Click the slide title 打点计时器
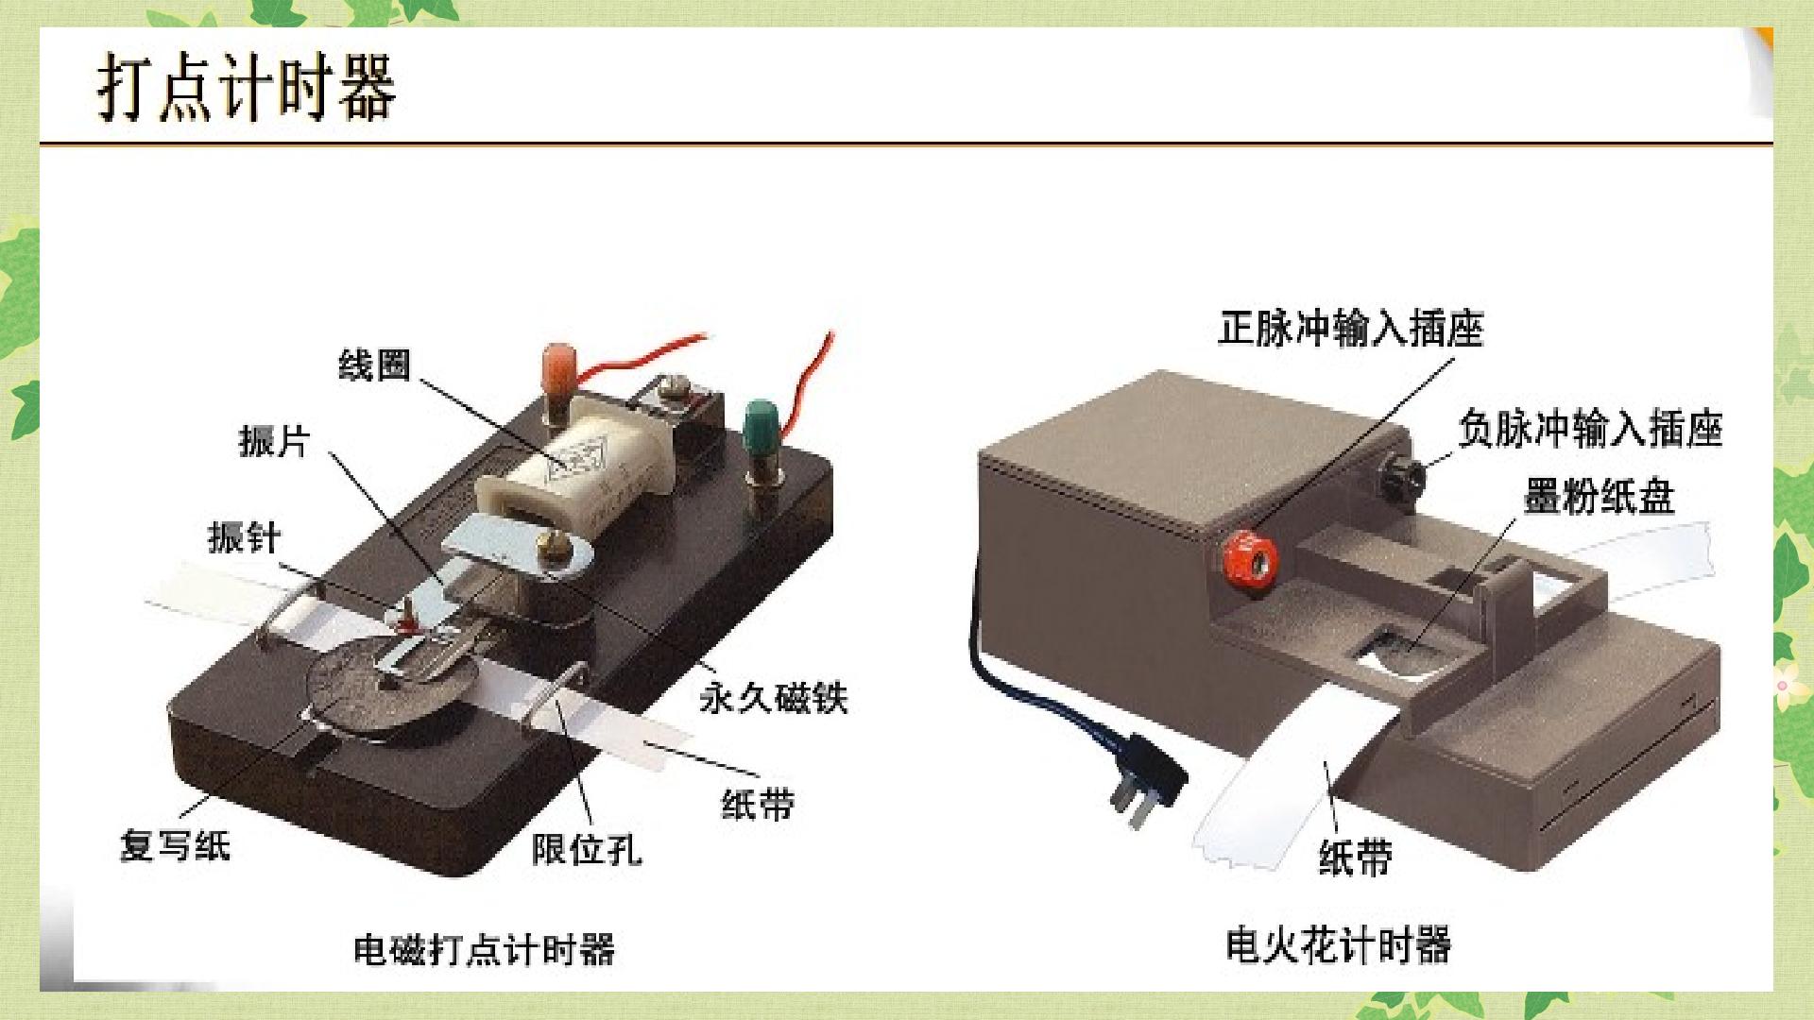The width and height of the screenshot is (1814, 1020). [x=247, y=87]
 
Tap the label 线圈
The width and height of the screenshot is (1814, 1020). [x=375, y=365]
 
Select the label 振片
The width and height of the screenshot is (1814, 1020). [x=274, y=440]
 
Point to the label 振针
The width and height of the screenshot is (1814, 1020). [x=245, y=537]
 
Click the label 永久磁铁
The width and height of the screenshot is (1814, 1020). [x=774, y=698]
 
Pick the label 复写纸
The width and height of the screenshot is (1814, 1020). [x=175, y=844]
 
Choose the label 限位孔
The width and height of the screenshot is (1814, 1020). [x=587, y=848]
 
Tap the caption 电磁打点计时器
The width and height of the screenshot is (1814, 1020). [x=484, y=949]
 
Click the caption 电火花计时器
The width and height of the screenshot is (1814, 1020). [x=1338, y=944]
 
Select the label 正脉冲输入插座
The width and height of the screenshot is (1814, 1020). [x=1351, y=329]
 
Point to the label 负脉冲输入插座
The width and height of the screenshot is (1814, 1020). [x=1591, y=429]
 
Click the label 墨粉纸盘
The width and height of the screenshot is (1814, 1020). [x=1599, y=497]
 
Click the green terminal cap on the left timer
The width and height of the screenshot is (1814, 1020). [x=760, y=426]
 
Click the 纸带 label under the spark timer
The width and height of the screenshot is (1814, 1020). [x=1356, y=858]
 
